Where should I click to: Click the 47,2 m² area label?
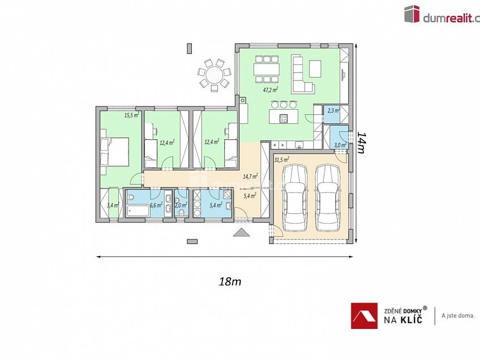pos(270,89)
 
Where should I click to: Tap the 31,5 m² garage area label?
pos(281,160)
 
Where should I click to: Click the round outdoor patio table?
pos(215,75)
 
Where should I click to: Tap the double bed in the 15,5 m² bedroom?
pos(117,151)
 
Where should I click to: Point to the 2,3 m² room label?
pos(333,111)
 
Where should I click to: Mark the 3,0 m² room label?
pos(340,146)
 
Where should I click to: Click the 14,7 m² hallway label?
pos(250,177)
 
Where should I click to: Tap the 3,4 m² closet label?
pos(112,205)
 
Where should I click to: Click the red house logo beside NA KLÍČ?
pos(364,316)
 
